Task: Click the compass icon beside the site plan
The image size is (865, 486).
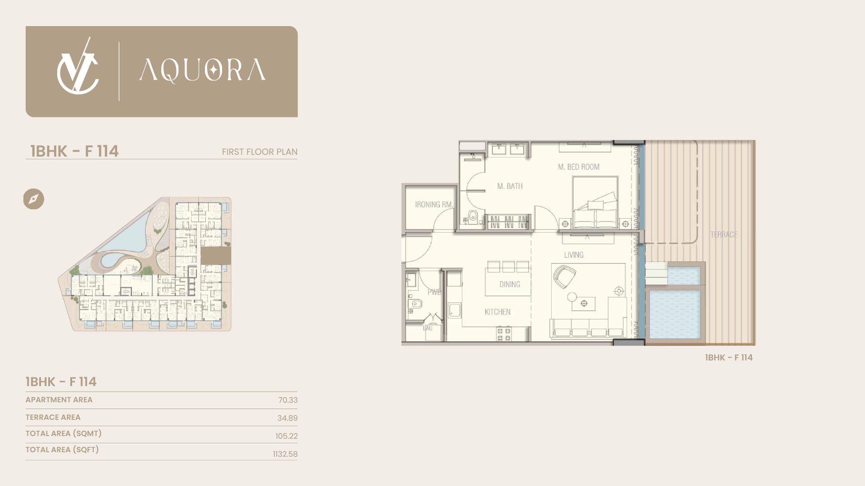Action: pyautogui.click(x=34, y=199)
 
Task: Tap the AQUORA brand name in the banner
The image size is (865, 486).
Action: pyautogui.click(x=202, y=71)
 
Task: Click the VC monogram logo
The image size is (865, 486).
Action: pyautogui.click(x=77, y=67)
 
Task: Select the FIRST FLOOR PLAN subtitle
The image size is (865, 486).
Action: pyautogui.click(x=259, y=152)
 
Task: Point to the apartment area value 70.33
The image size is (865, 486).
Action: pyautogui.click(x=288, y=400)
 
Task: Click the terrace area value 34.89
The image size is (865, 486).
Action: pyautogui.click(x=287, y=418)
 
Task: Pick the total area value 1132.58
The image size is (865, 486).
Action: pyautogui.click(x=285, y=454)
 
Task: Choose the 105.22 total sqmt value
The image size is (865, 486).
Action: pyautogui.click(x=287, y=436)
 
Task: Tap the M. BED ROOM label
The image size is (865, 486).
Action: pyautogui.click(x=578, y=167)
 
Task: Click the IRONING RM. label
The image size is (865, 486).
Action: pyautogui.click(x=434, y=205)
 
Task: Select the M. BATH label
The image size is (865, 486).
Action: pyautogui.click(x=510, y=186)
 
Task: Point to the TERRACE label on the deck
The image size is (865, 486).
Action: pyautogui.click(x=724, y=234)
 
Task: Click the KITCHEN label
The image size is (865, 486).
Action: pyautogui.click(x=497, y=312)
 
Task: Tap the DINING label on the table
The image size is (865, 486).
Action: pyautogui.click(x=510, y=284)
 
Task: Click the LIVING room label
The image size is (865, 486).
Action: pyautogui.click(x=574, y=255)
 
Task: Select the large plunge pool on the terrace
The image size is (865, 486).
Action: pyautogui.click(x=675, y=314)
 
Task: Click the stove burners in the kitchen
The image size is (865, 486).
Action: pyautogui.click(x=504, y=334)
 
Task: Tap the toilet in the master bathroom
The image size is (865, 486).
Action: pyautogui.click(x=472, y=217)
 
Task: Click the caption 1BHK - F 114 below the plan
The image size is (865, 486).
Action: pyautogui.click(x=728, y=357)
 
